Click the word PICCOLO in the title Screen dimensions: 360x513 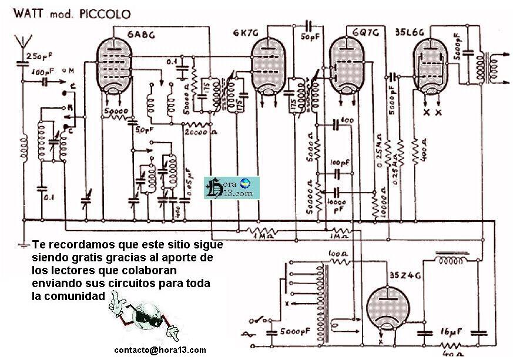102,12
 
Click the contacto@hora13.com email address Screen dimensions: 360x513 161,350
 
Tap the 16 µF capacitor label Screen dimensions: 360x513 451,331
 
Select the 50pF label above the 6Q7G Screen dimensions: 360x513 308,37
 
